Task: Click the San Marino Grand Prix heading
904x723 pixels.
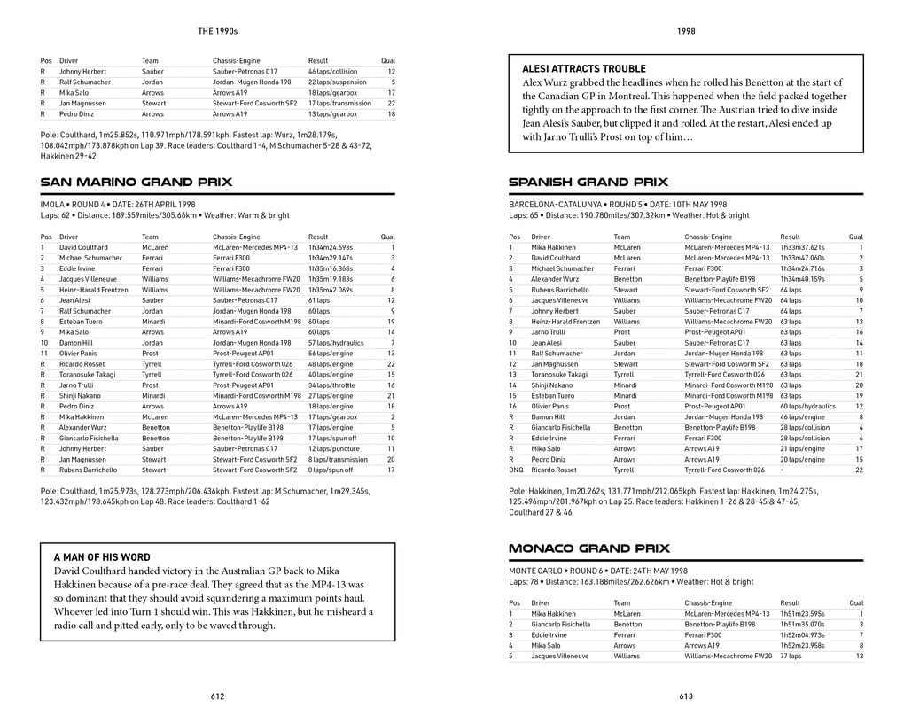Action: [x=136, y=183]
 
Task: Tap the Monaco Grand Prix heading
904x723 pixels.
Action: [x=589, y=548]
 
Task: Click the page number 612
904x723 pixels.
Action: [x=217, y=696]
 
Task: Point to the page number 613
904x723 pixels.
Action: [x=686, y=696]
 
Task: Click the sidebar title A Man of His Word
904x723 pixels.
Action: [x=102, y=557]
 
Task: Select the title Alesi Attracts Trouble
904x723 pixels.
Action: [x=584, y=68]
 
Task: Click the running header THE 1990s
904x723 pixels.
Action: [x=217, y=31]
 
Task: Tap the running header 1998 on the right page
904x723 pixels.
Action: [x=686, y=31]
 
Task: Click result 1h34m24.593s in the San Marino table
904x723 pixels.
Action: [x=331, y=247]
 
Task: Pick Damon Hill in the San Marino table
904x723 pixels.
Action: [x=76, y=343]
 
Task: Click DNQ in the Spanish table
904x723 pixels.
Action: [x=516, y=470]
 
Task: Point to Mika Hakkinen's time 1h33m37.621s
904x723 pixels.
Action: [x=802, y=247]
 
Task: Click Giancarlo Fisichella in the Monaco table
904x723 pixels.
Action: [x=561, y=624]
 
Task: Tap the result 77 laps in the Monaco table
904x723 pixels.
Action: [x=791, y=656]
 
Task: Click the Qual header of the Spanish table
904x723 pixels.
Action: [x=855, y=237]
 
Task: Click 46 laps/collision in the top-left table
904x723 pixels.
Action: [x=333, y=71]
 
